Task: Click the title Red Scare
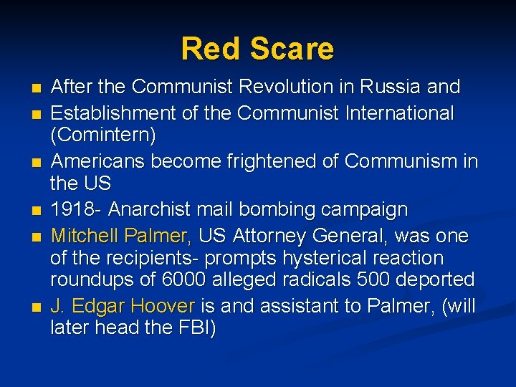257,49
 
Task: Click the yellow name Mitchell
85,236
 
